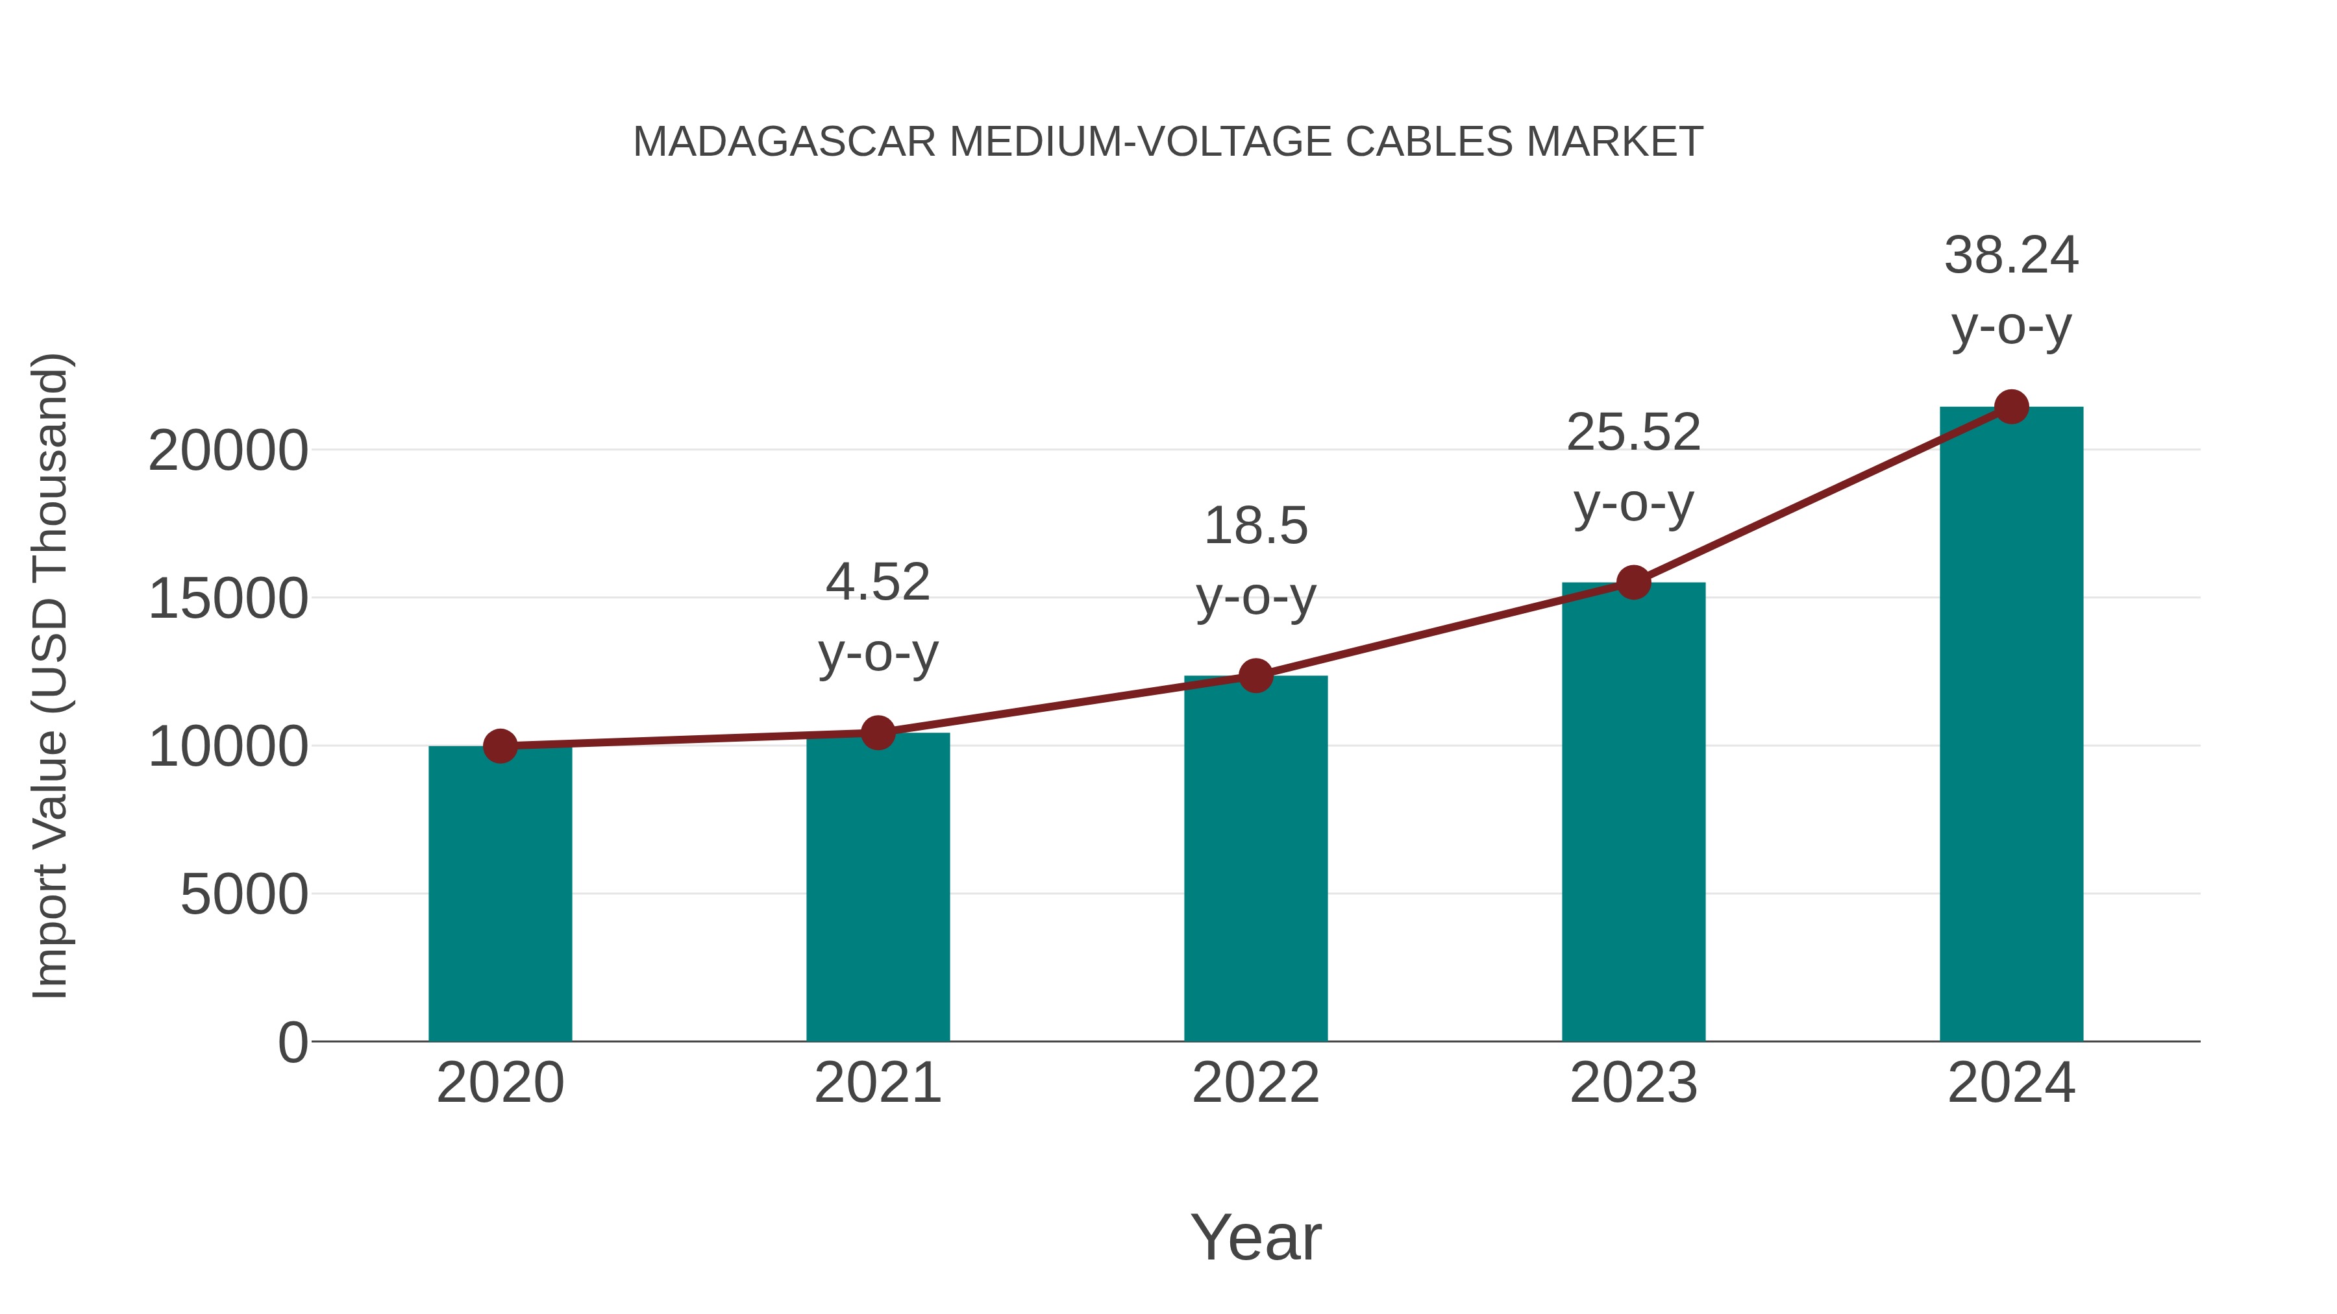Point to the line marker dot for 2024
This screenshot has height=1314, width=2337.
(x=2011, y=407)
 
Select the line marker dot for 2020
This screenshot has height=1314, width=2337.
(x=500, y=746)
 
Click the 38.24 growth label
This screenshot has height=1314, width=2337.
(x=2011, y=256)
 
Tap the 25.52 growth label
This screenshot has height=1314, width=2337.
(x=1634, y=433)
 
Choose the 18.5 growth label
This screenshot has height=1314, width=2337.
(x=1255, y=527)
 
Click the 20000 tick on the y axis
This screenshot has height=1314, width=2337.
(x=229, y=451)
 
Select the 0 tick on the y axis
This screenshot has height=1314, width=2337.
(x=293, y=1043)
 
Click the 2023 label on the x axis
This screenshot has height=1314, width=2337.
(x=1634, y=1083)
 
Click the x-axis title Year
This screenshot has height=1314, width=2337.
(x=1255, y=1238)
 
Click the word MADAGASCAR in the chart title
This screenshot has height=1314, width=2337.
(x=784, y=142)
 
